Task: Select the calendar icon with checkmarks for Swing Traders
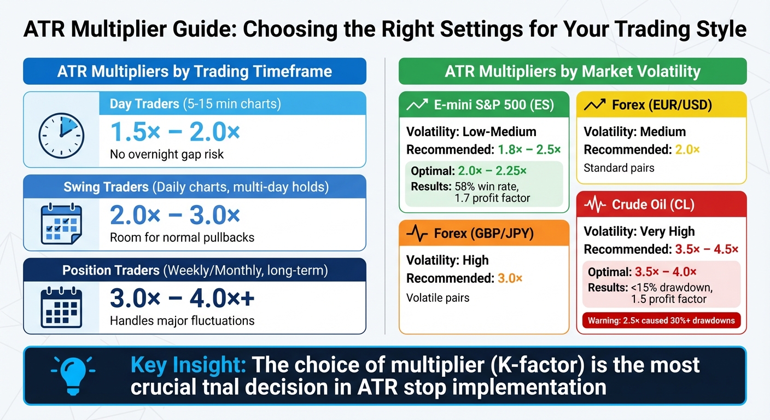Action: click(61, 224)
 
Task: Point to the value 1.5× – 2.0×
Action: click(175, 132)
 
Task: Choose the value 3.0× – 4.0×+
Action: click(182, 299)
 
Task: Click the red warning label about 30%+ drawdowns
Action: click(661, 320)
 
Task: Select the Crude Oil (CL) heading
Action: click(653, 205)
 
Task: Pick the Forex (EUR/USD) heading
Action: click(662, 105)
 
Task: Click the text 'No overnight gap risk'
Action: click(167, 154)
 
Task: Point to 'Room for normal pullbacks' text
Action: click(182, 237)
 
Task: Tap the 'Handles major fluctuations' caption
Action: click(182, 320)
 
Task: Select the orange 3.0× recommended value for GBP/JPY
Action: click(510, 278)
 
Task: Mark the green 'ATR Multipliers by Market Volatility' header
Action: click(573, 72)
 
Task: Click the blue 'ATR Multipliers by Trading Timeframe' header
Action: click(195, 72)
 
